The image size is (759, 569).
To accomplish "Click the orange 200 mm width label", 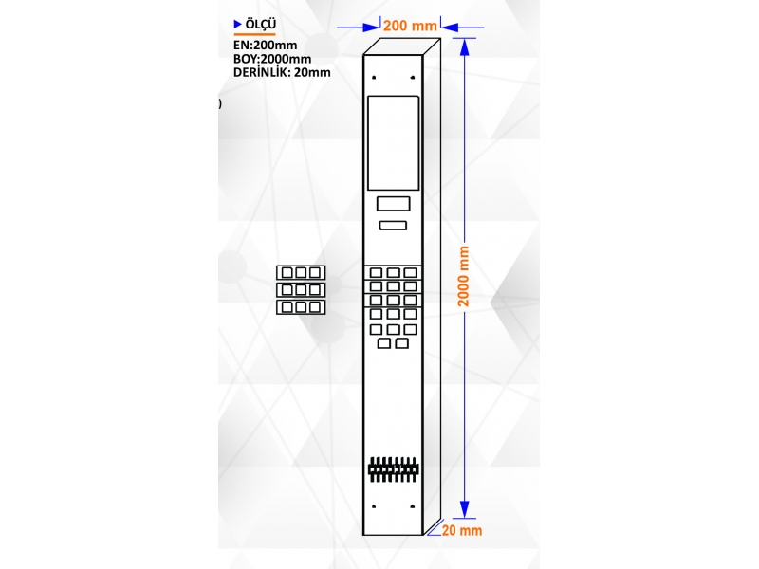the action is point(410,26).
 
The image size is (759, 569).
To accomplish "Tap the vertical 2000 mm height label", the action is point(464,276).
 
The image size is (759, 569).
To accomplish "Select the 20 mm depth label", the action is point(462,530).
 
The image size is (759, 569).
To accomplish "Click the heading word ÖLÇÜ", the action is point(260,25).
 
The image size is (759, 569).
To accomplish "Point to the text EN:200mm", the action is point(266,45).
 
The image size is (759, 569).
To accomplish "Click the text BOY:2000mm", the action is point(272,59).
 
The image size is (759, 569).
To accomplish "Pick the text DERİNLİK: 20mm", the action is point(282,72).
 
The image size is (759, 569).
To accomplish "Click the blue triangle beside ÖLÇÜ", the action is point(238,24).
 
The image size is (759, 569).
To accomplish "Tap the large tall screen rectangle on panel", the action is point(393,143).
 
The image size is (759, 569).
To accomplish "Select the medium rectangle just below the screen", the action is point(394,204).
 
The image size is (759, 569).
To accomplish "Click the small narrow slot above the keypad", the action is point(393,225).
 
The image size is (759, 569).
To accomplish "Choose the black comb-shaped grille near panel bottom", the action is point(393,469).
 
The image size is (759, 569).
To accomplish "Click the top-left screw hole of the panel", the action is point(374,78).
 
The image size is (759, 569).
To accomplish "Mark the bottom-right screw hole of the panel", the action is point(413,506).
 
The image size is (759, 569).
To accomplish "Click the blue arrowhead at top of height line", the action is point(464,46).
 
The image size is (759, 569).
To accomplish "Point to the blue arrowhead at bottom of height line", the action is point(464,509).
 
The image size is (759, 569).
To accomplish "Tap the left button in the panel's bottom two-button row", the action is point(384,343).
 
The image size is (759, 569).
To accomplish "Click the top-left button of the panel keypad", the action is point(376,273).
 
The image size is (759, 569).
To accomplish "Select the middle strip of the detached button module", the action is point(301,290).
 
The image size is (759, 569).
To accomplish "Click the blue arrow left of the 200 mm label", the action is point(359,28).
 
